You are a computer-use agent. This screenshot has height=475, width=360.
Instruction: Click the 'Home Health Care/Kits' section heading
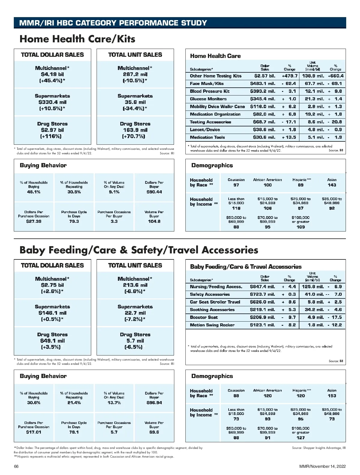(77, 39)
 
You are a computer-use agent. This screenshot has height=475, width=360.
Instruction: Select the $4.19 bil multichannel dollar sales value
(52, 74)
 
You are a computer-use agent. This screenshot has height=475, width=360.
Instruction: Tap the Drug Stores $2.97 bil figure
(52, 130)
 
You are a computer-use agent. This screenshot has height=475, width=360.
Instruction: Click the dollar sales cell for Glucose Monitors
(262, 99)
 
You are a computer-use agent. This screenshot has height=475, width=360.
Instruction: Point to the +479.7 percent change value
(289, 76)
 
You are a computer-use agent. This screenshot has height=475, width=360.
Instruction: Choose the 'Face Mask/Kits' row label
(207, 83)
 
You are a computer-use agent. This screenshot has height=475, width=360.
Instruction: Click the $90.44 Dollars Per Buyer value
(154, 192)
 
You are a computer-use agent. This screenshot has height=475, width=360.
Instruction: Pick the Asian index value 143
(332, 185)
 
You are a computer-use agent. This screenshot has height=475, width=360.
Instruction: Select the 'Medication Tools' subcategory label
(207, 137)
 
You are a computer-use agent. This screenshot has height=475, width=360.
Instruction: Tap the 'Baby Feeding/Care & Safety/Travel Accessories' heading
(139, 250)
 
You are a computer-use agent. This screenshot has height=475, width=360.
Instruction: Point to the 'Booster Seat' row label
(204, 317)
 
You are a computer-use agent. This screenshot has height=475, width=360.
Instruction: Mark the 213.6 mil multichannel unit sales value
(135, 285)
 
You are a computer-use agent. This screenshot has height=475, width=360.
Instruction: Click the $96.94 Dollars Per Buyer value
(154, 403)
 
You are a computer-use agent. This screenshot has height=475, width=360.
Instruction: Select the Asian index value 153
(332, 396)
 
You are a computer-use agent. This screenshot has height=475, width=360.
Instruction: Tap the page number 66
(16, 466)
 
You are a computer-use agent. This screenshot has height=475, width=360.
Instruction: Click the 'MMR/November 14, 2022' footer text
(322, 466)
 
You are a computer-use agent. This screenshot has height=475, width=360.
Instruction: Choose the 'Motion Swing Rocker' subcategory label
(212, 325)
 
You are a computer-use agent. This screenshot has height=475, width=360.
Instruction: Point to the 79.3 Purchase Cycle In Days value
(74, 221)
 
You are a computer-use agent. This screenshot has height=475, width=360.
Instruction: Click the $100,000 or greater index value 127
(301, 438)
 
